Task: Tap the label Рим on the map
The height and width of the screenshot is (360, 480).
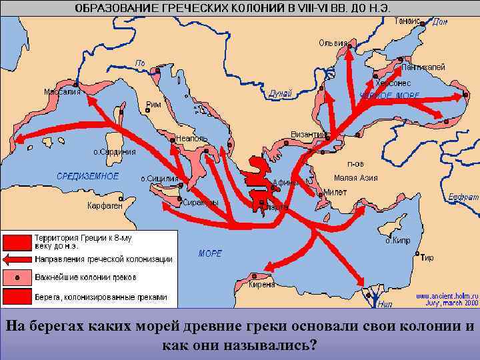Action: [x=154, y=105]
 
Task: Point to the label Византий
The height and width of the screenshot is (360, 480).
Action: [x=308, y=135]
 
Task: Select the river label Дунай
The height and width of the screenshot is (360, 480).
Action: [x=280, y=95]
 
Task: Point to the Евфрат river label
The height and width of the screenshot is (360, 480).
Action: [x=463, y=197]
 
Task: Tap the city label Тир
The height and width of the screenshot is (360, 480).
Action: [x=427, y=257]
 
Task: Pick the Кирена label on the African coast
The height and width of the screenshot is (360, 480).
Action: [x=261, y=284]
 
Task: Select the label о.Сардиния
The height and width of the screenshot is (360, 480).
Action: [x=114, y=151]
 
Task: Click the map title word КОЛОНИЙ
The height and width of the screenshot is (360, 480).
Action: [x=259, y=8]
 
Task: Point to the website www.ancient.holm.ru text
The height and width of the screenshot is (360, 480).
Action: [x=447, y=295]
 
